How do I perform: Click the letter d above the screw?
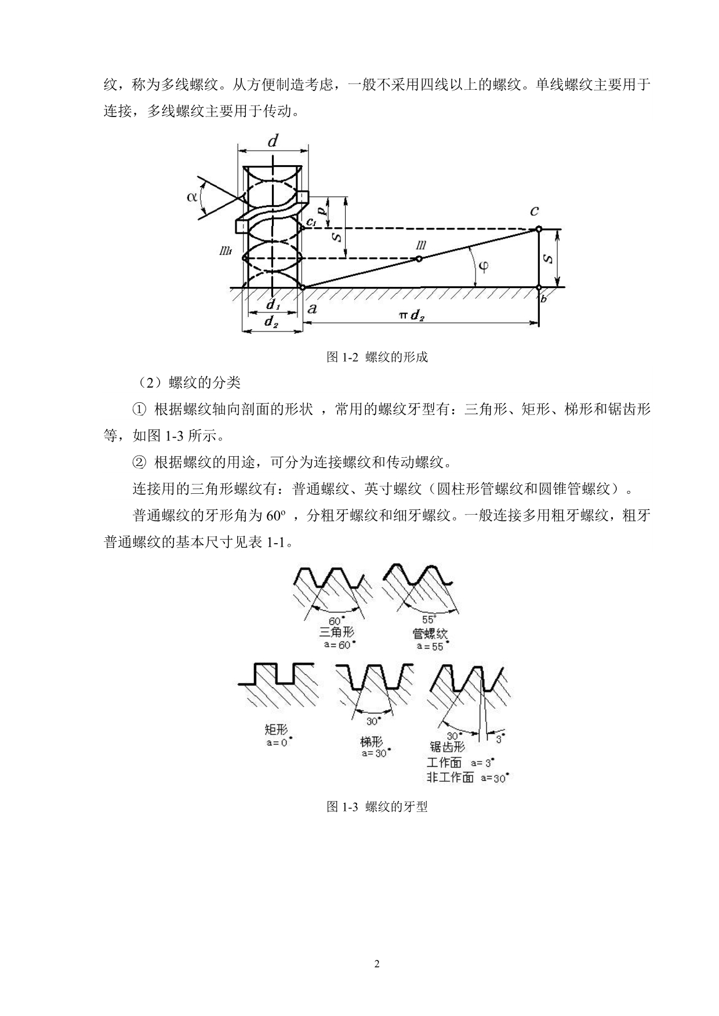[273, 141]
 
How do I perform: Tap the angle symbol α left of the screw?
[192, 196]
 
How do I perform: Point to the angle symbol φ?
[482, 266]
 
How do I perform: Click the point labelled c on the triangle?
[538, 228]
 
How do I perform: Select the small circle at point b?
[539, 287]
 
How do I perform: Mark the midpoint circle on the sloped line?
[419, 258]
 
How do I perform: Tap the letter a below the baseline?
[312, 308]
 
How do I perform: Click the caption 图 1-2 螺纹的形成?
[377, 357]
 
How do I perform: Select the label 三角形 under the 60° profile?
[336, 632]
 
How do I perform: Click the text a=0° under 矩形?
[275, 742]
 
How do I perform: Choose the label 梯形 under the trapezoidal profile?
[371, 741]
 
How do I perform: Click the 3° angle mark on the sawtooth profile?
[499, 739]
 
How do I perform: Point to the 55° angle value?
[429, 619]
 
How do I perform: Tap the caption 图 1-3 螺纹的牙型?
[377, 806]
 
